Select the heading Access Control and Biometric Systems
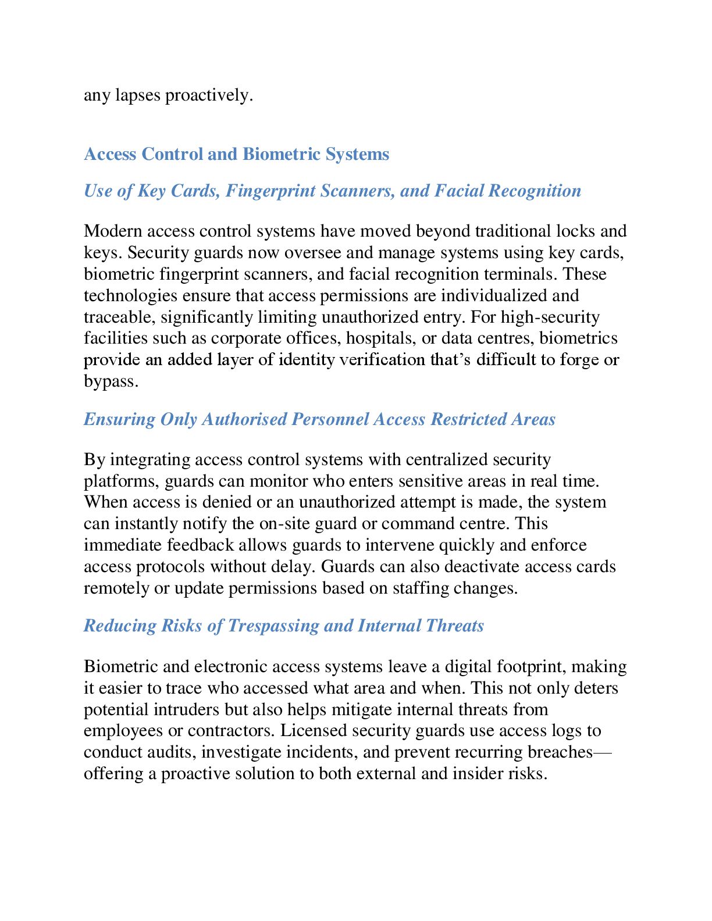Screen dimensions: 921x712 pos(237,154)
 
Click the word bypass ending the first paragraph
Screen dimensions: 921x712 pos(110,381)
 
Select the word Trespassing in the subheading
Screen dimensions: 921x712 pos(273,626)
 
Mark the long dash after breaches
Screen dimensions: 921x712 pos(603,752)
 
